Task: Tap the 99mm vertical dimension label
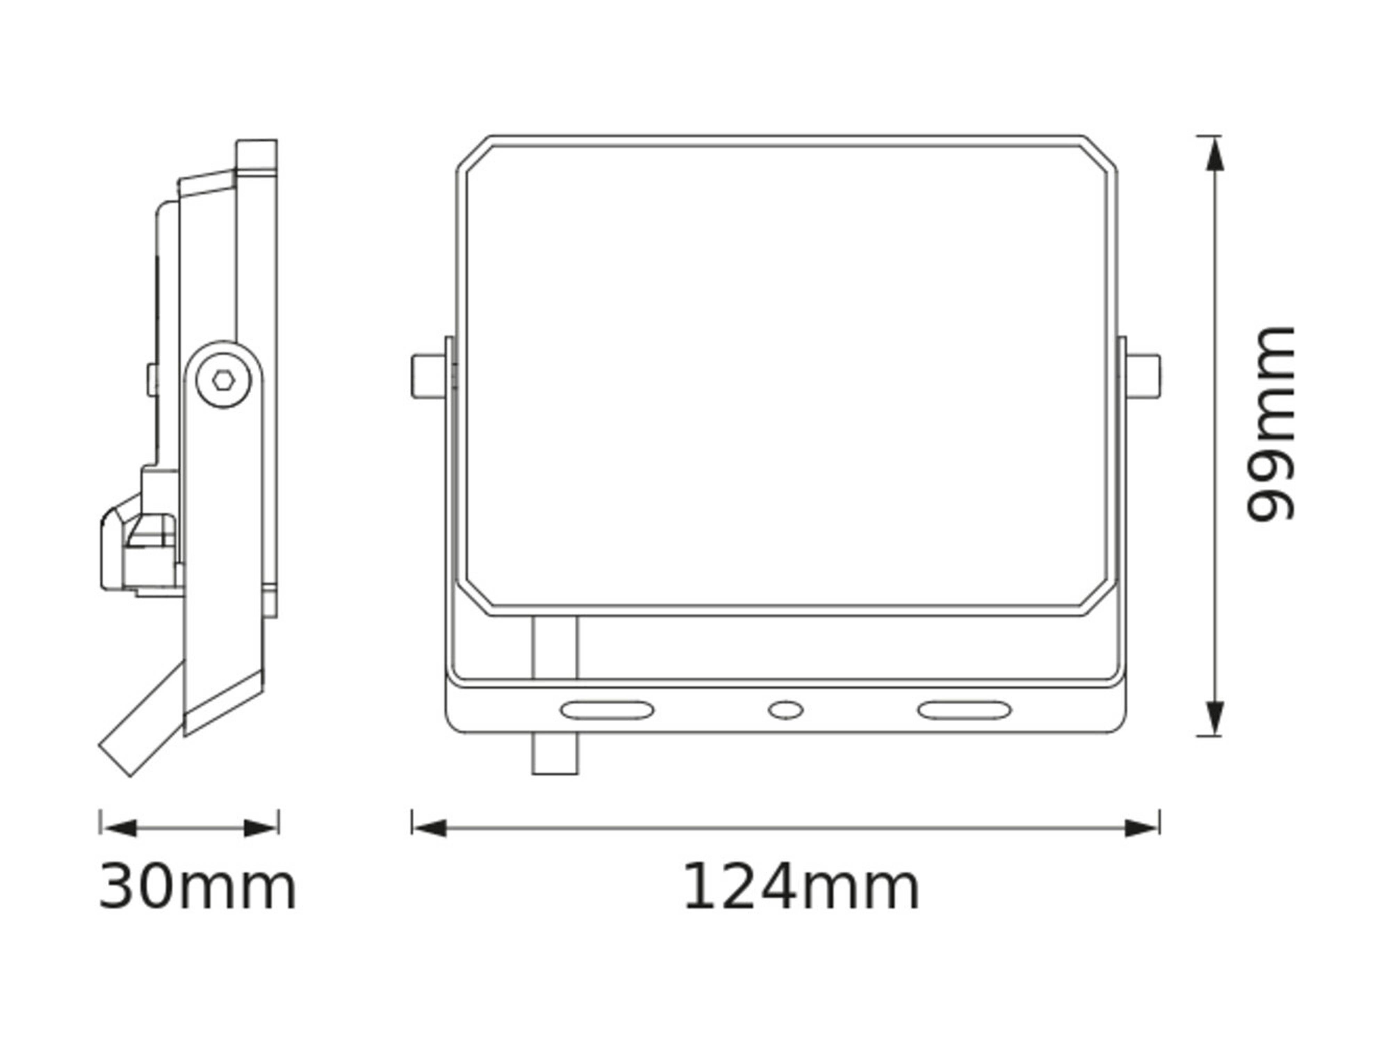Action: (x=1270, y=425)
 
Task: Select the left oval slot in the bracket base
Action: (x=606, y=710)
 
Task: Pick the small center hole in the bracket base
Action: (x=785, y=710)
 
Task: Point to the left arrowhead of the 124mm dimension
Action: (x=430, y=828)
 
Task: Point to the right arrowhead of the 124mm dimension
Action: (x=1141, y=828)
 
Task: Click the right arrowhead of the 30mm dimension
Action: (x=260, y=828)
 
